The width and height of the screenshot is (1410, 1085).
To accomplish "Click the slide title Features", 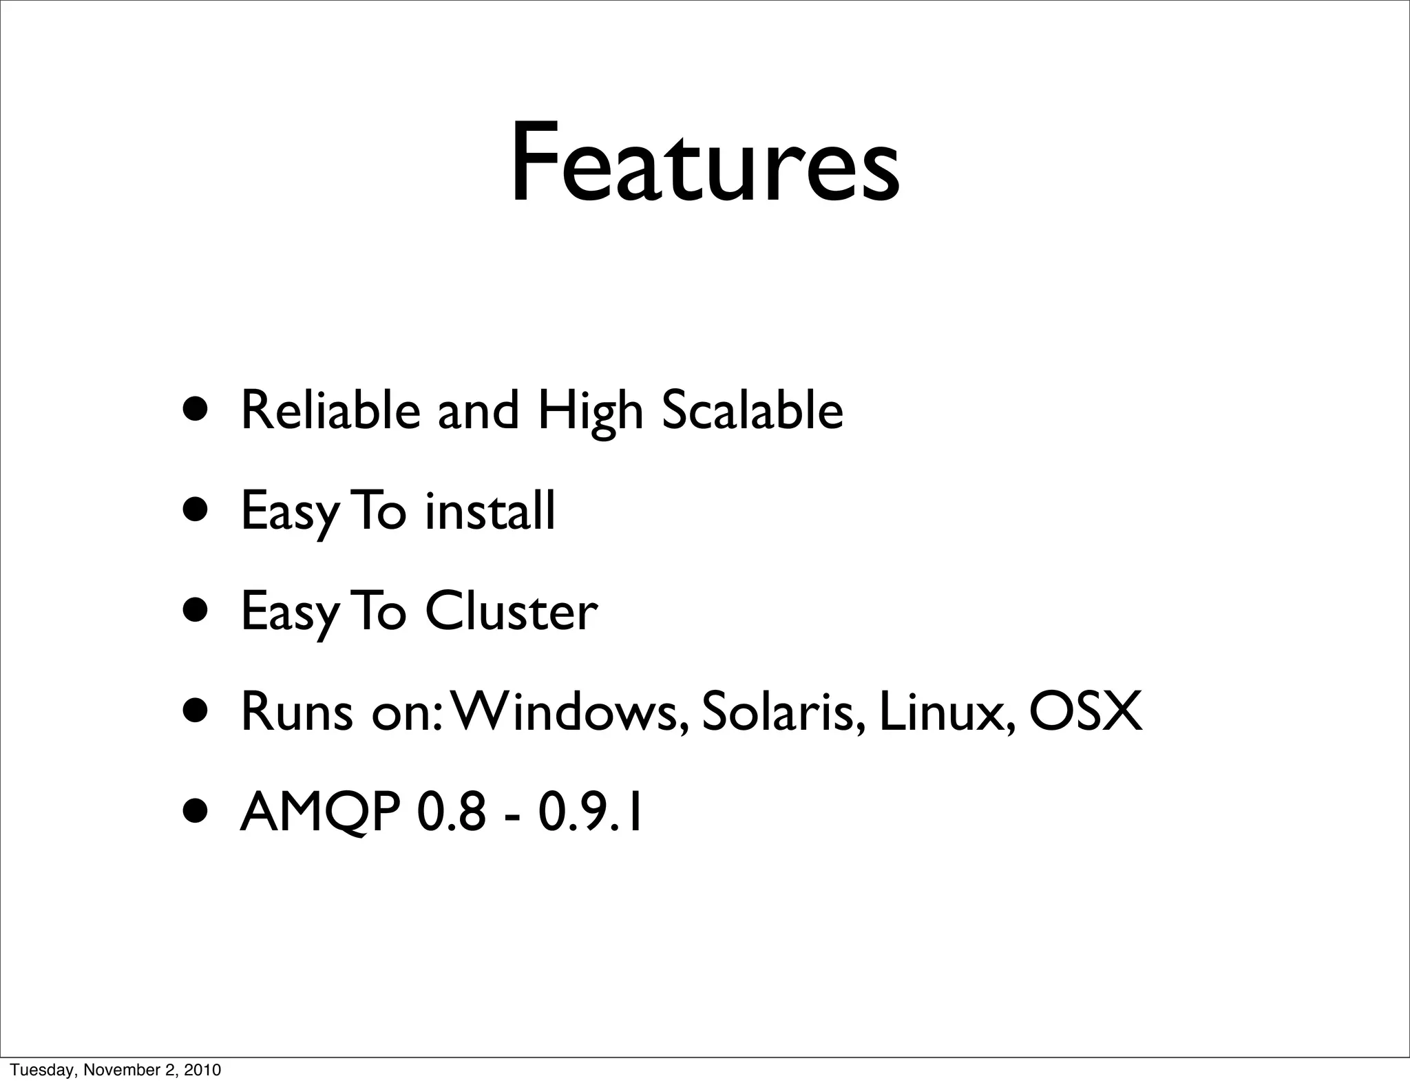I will pos(704,164).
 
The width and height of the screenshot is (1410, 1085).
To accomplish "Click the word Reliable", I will pos(330,410).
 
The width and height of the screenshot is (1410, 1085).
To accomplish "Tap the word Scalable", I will pos(752,410).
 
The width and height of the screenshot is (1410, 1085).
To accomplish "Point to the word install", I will pos(490,511).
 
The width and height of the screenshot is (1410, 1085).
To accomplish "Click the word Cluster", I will pos(511,611).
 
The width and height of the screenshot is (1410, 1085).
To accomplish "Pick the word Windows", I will pos(569,712).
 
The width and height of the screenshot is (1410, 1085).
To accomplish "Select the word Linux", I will pos(947,712).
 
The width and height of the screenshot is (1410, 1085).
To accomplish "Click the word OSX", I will pos(1086,712).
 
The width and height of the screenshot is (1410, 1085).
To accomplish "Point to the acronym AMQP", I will pos(320,814).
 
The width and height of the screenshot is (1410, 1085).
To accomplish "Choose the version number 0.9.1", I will pos(591,812).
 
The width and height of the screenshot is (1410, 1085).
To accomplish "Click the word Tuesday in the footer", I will pos(35,1070).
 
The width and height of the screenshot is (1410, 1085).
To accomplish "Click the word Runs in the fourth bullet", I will pos(297,712).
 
